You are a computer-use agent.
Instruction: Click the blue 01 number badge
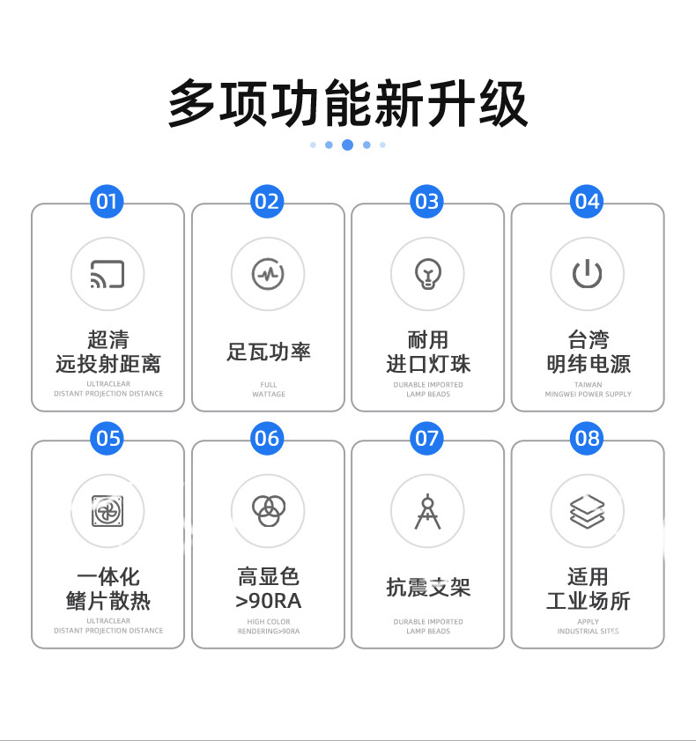point(107,202)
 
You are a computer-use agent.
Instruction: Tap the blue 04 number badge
point(587,202)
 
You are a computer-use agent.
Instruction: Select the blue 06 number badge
point(267,438)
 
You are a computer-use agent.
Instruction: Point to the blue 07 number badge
point(427,438)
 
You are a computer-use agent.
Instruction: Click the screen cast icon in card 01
point(107,274)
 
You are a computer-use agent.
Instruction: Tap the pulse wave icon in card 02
point(268,274)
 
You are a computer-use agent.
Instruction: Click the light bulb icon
point(427,274)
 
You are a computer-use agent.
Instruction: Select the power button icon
point(588,274)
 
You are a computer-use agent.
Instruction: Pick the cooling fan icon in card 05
point(107,511)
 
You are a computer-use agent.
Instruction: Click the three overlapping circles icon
point(268,511)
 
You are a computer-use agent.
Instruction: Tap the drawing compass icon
point(427,511)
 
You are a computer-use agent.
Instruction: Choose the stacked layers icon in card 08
point(588,511)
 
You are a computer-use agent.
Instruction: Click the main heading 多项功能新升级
point(348,104)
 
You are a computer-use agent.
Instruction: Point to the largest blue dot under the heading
point(347,144)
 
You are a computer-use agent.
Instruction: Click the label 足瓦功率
point(268,352)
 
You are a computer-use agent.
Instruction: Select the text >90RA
point(268,602)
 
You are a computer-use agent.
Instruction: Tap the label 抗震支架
point(428,588)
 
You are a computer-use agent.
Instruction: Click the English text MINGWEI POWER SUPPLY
point(588,394)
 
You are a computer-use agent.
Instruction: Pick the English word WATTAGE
point(268,394)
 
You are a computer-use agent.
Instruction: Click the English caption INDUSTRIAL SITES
point(588,631)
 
